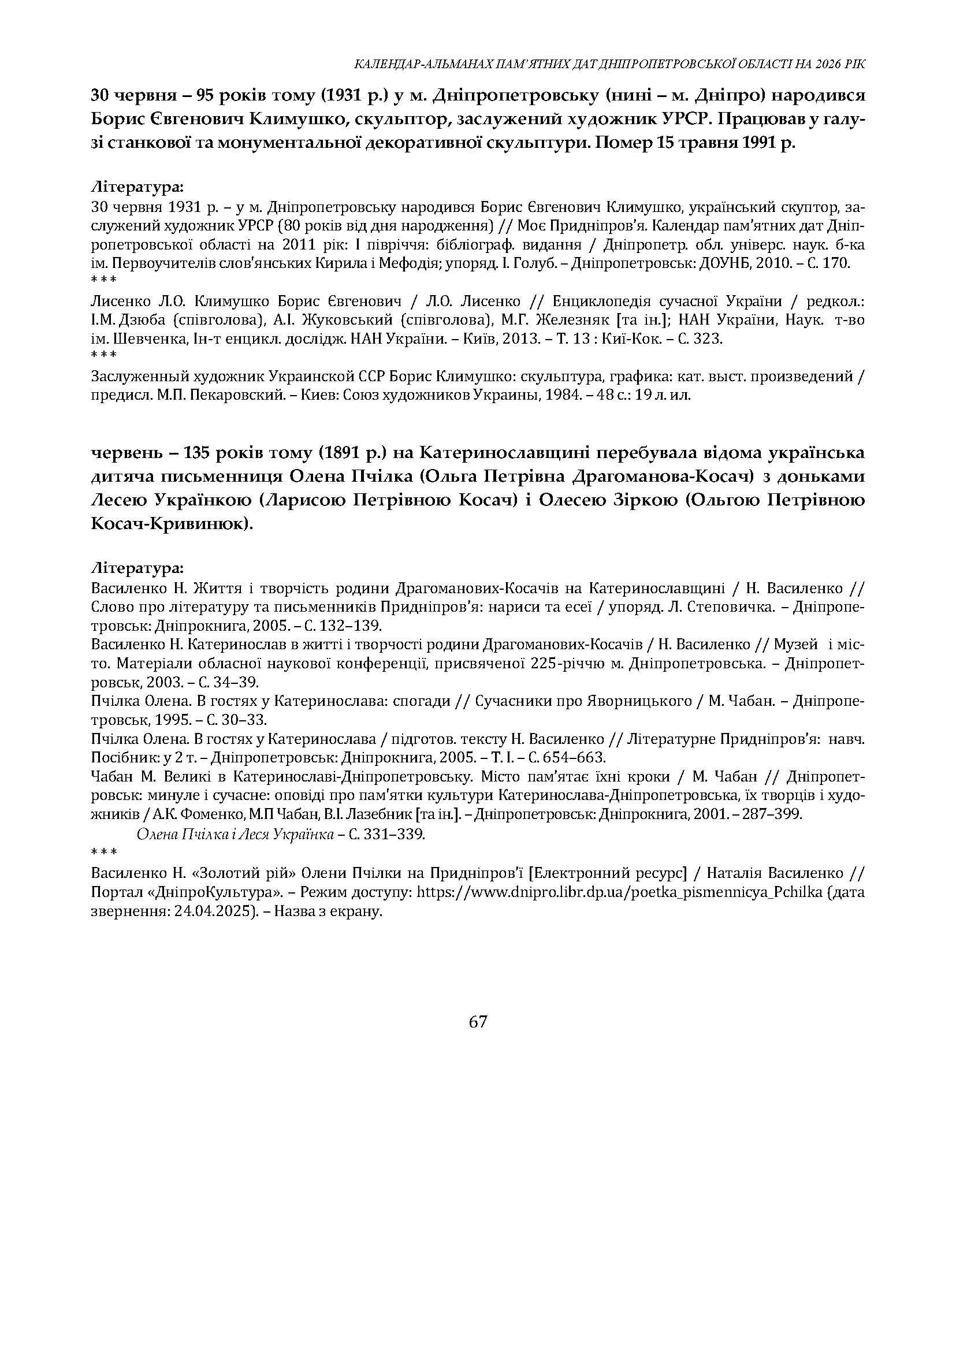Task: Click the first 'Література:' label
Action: tap(137, 188)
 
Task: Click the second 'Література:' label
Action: tap(137, 569)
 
